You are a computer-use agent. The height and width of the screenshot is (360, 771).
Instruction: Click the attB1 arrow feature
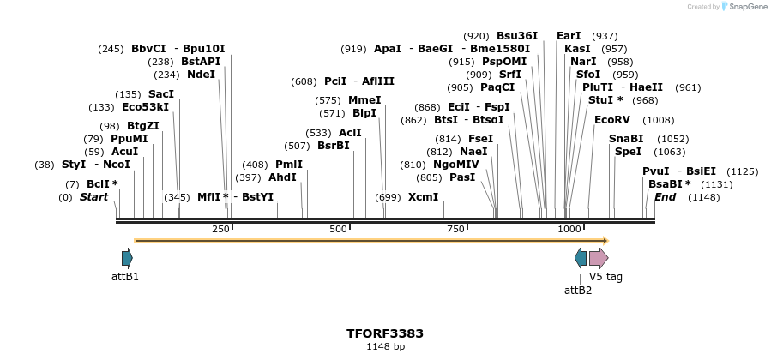tap(127, 257)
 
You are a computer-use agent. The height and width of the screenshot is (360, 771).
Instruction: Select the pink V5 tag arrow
tap(599, 257)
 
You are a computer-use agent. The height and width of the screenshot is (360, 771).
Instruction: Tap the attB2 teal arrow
tap(581, 257)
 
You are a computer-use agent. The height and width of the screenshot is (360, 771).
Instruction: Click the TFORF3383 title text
tap(385, 333)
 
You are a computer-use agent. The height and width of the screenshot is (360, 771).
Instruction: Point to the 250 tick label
tap(220, 229)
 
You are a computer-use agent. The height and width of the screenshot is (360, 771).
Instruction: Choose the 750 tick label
tap(455, 229)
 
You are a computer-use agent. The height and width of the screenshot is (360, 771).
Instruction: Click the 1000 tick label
tap(569, 229)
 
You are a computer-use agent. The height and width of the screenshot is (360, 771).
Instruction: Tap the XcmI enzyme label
tap(423, 197)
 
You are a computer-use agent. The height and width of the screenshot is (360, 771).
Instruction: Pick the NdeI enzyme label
tap(202, 75)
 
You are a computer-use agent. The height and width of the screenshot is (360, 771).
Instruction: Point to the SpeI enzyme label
tap(628, 152)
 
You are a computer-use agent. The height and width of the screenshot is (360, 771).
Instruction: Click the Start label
tap(94, 197)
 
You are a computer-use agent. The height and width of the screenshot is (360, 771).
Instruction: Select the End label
tap(665, 197)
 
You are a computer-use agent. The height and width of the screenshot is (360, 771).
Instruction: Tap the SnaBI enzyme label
tap(626, 139)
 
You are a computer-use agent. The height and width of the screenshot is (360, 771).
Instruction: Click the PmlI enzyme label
tap(289, 165)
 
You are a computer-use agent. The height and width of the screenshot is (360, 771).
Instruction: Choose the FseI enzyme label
tap(480, 139)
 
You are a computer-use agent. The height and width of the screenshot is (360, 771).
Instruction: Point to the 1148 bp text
tap(385, 346)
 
